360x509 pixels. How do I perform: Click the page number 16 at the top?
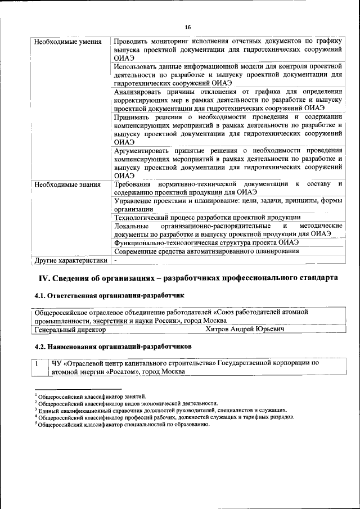pos(188,27)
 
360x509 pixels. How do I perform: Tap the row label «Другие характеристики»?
pos(70,260)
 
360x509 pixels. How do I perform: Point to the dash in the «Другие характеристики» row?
pos(116,260)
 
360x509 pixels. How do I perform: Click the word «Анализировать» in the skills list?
pos(139,92)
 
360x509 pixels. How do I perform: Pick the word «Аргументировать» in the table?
pos(144,151)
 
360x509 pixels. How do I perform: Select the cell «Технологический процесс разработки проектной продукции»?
pos(207,218)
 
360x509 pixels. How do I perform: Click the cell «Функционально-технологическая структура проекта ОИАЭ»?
pos(206,242)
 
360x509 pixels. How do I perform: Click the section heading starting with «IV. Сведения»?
pos(188,278)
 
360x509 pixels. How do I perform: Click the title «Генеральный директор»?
pos(70,330)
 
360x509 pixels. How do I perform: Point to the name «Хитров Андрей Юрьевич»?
pos(245,330)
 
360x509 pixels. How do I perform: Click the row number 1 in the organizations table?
pos(37,363)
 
